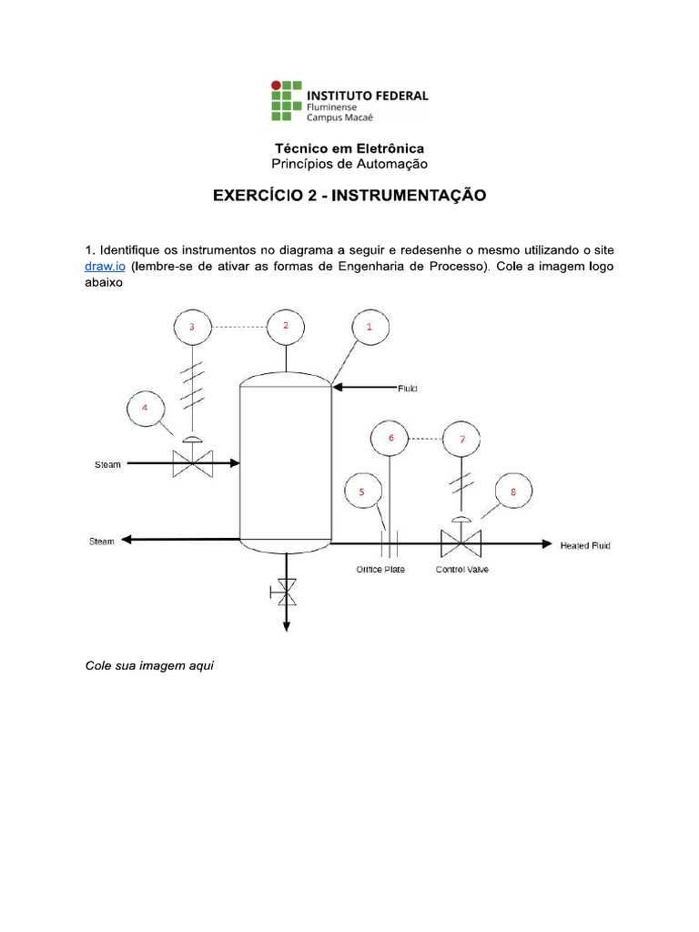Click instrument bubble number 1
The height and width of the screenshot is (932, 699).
(x=370, y=327)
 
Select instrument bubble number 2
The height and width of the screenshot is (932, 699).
(x=286, y=326)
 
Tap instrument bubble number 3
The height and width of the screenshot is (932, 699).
(x=191, y=327)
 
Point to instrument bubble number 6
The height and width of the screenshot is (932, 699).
(x=391, y=439)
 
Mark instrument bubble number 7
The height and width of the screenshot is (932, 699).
(x=462, y=440)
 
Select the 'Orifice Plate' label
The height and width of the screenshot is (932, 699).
(x=380, y=570)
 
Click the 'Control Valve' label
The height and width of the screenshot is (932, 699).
(x=462, y=570)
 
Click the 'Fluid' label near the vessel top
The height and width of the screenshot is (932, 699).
(x=407, y=388)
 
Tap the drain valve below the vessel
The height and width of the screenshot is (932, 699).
(x=287, y=594)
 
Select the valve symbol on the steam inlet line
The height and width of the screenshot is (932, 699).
(x=192, y=463)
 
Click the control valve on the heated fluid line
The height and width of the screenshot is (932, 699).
(x=461, y=544)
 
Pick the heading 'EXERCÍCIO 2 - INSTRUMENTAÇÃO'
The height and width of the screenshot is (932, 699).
(x=349, y=196)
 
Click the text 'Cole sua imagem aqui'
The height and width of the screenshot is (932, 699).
(x=149, y=665)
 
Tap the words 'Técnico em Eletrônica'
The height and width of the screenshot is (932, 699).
(x=349, y=147)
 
